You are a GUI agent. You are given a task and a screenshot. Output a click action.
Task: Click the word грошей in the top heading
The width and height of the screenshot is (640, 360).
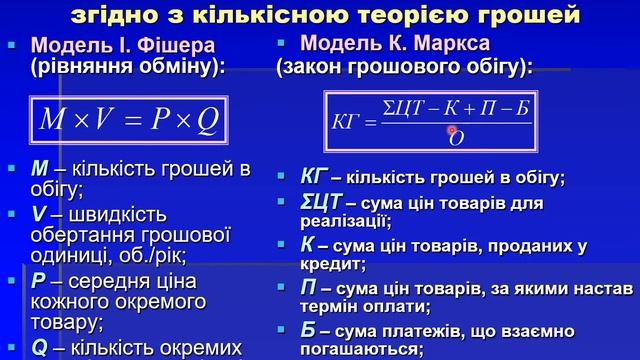pyautogui.click(x=530, y=15)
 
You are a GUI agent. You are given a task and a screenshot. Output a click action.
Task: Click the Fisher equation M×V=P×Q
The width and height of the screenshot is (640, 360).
pyautogui.click(x=127, y=121)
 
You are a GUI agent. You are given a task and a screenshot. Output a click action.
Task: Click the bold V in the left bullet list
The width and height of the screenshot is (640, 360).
pyautogui.click(x=39, y=215)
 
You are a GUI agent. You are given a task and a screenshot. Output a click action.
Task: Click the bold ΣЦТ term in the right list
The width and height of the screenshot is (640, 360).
pyautogui.click(x=321, y=203)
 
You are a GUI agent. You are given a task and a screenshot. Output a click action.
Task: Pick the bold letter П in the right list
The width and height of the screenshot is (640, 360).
pyautogui.click(x=308, y=289)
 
